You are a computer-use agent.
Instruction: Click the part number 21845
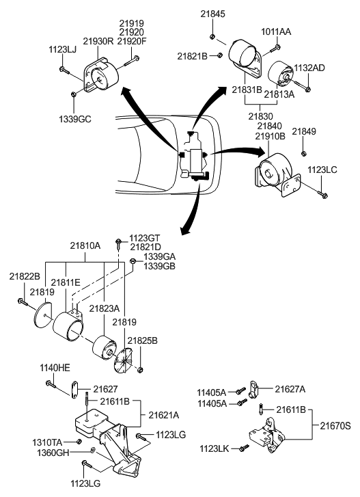point(213,14)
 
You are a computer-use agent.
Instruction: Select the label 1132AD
point(309,68)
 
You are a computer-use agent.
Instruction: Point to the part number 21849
point(304,131)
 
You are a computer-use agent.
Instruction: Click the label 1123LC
point(321,170)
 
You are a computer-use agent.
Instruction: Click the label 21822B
point(24,276)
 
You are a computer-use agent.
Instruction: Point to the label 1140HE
point(55,367)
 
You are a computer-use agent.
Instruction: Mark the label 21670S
point(335,425)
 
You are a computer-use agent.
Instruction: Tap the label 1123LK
point(217,448)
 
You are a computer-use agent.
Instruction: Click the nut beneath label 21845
point(214,36)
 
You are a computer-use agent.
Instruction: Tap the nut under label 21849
point(304,152)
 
